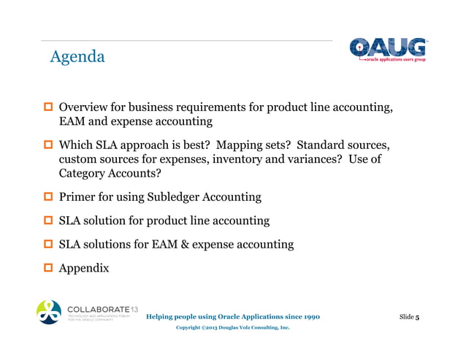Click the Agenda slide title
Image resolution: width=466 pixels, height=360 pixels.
point(77,56)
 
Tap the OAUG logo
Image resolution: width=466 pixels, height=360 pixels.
point(386,50)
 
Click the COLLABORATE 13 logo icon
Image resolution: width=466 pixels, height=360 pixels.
point(50,312)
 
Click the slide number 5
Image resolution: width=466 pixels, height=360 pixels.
point(416,317)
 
